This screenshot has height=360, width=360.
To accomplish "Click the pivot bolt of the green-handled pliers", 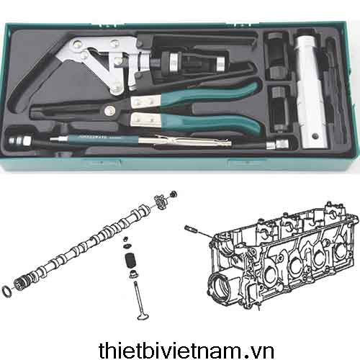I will pos(109,110).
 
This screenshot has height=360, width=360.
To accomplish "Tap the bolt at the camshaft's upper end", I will pos(174,194).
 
